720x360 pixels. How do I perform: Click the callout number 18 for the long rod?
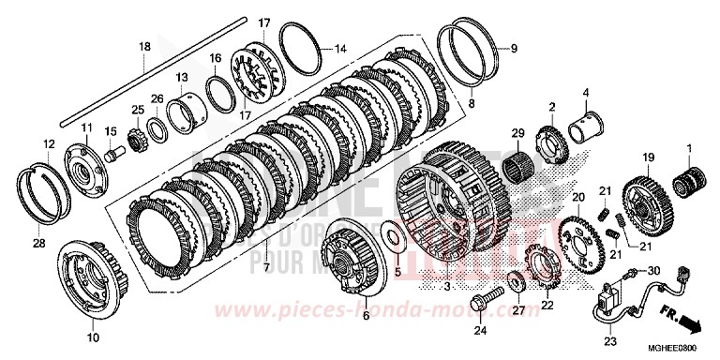144,47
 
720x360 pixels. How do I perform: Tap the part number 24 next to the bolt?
479,329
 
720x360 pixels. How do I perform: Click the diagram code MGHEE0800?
684,348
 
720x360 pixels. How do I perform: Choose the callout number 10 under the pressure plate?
91,337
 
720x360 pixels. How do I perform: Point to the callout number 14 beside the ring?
338,47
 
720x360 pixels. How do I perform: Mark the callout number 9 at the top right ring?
512,46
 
